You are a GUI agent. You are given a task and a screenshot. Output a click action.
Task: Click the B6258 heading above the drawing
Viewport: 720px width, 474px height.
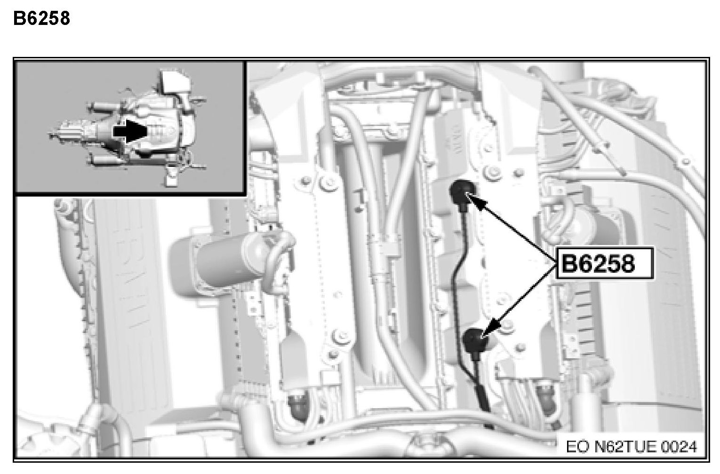(x=41, y=18)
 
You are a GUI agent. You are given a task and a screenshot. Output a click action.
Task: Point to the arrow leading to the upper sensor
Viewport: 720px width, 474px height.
(x=511, y=228)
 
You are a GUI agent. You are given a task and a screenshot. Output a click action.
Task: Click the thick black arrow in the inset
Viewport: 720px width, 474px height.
(x=130, y=132)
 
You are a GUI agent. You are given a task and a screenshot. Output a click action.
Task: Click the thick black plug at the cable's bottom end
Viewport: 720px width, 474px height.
(x=483, y=396)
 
